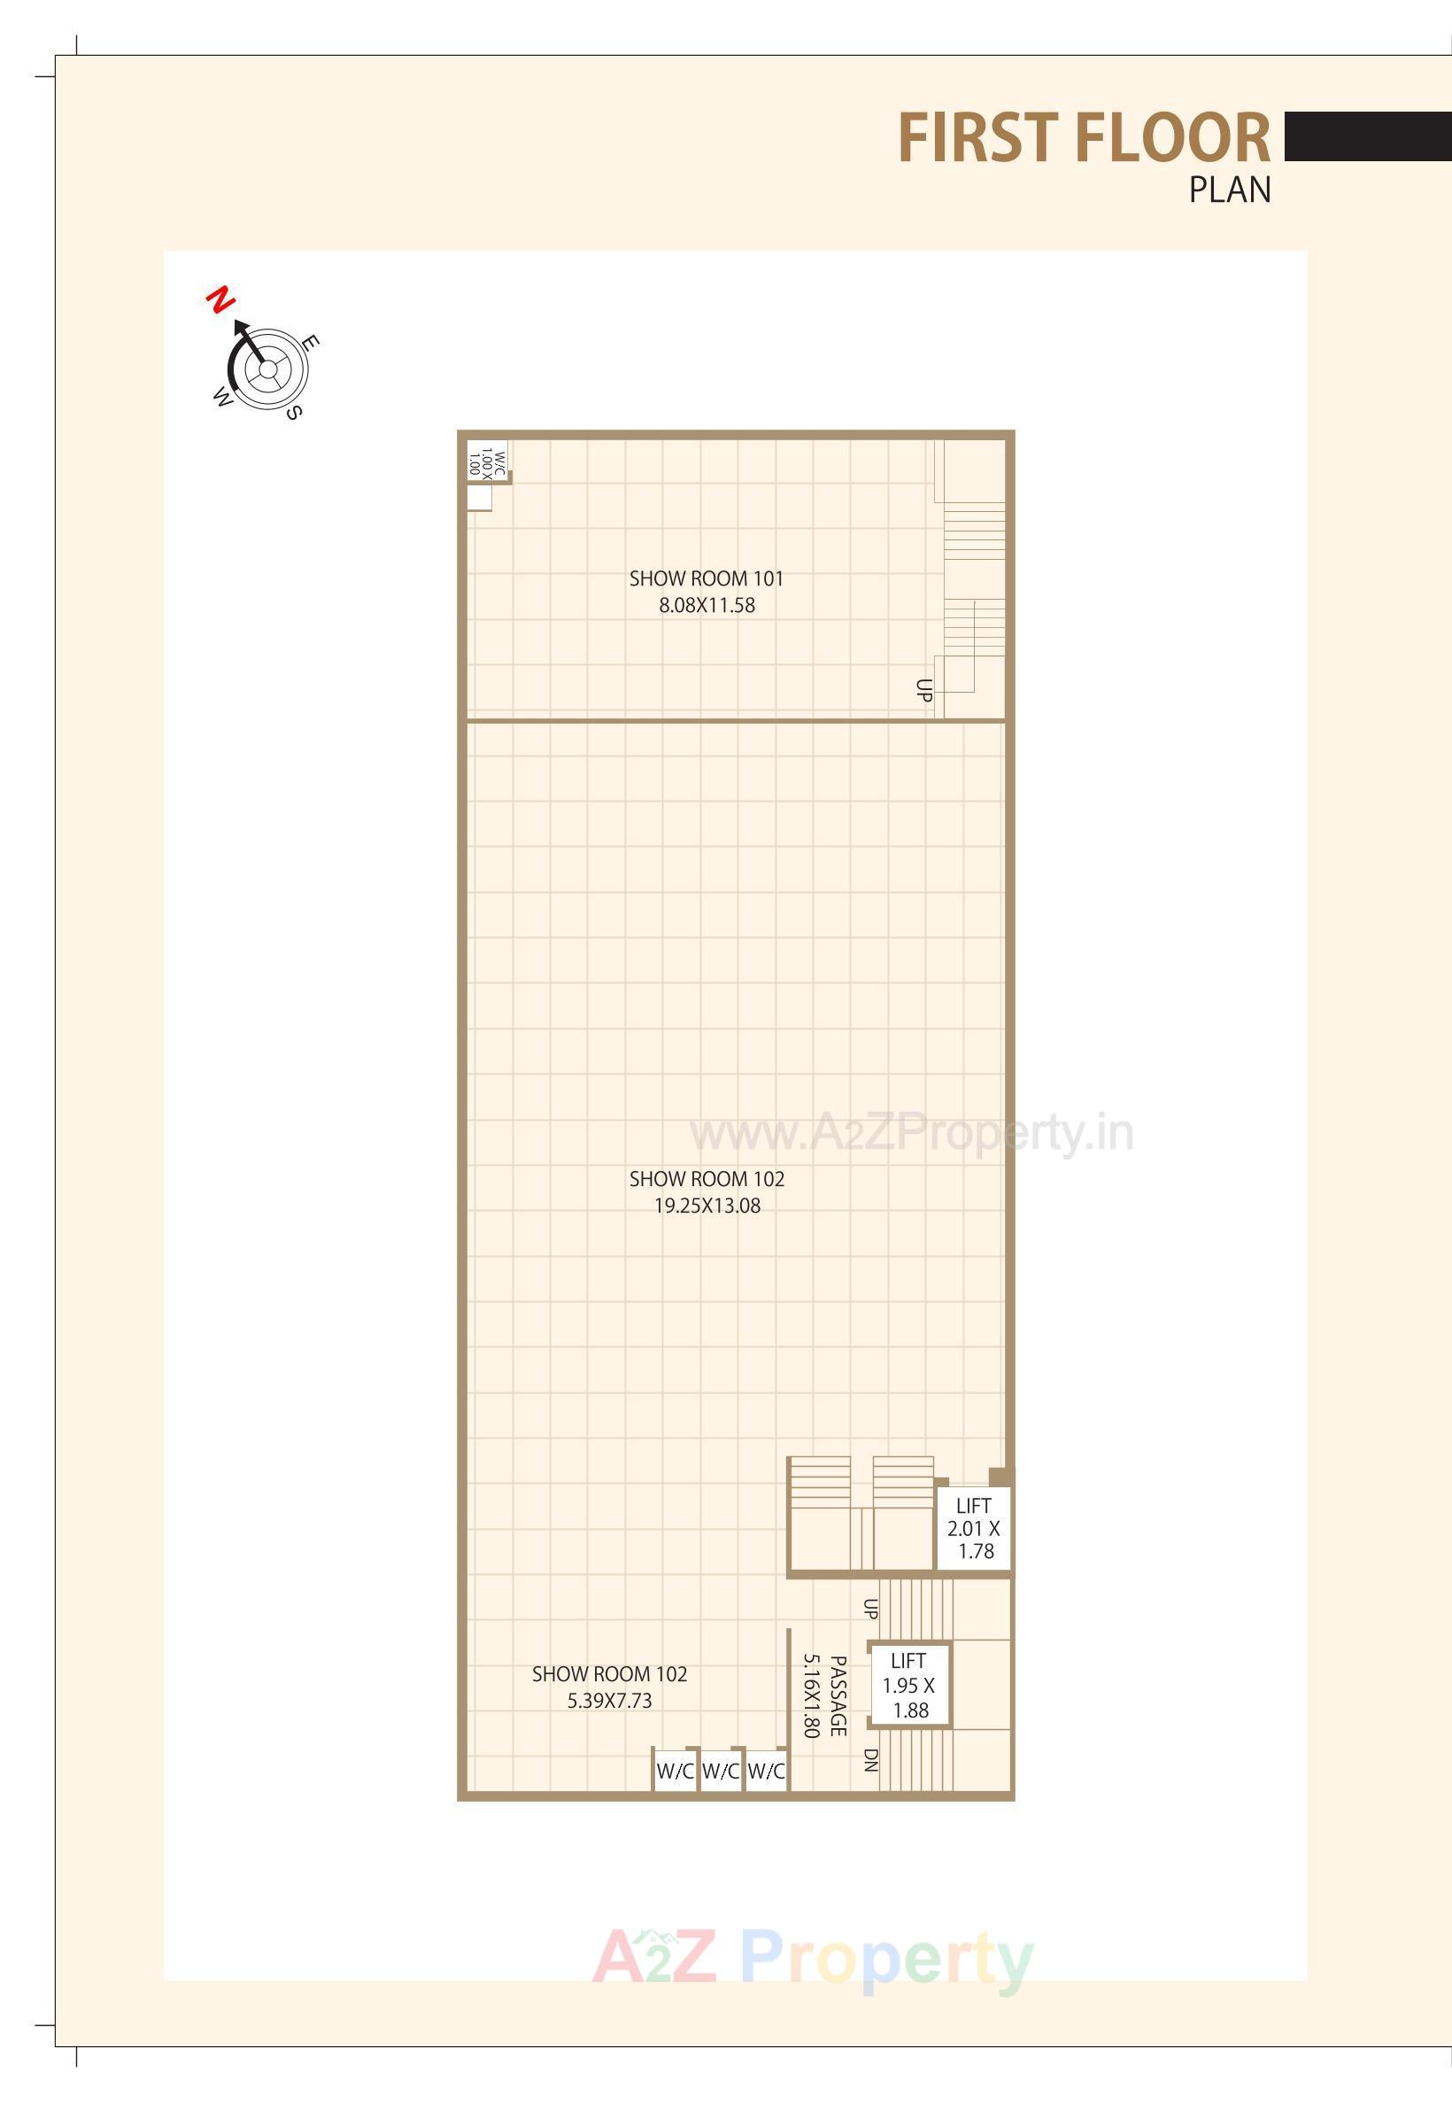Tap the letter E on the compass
click(x=310, y=343)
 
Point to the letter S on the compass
click(x=293, y=412)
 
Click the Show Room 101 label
click(x=706, y=578)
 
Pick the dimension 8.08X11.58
click(x=707, y=606)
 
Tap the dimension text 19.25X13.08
click(x=707, y=1206)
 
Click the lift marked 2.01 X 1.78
click(x=973, y=1529)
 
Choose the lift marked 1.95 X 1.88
click(x=908, y=1686)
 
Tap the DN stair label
click(x=870, y=1760)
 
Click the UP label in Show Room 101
click(x=924, y=690)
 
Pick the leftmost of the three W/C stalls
click(x=675, y=1771)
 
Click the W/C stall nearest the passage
click(x=766, y=1771)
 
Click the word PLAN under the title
click(x=1229, y=190)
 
